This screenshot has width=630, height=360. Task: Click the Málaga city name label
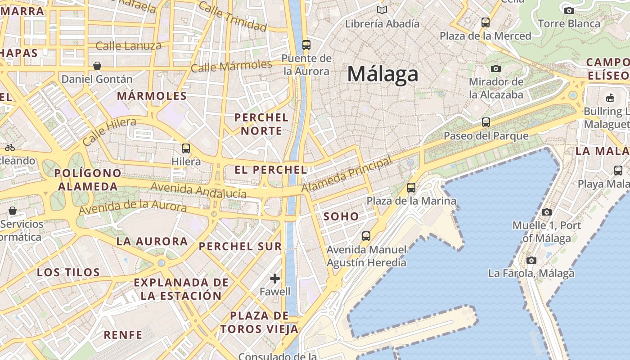[382, 74]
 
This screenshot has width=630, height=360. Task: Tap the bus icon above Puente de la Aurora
[306, 45]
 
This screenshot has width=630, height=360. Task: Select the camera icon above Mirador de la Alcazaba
[496, 68]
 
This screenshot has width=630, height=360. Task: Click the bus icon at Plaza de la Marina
[411, 188]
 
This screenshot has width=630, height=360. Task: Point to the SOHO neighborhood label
[341, 216]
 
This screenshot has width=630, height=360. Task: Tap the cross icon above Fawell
[275, 279]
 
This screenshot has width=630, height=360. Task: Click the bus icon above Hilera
[186, 148]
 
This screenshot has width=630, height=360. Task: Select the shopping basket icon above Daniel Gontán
[97, 66]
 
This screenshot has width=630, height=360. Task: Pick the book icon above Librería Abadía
[382, 10]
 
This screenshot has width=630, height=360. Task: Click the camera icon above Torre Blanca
[569, 10]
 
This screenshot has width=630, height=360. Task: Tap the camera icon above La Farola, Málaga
[531, 260]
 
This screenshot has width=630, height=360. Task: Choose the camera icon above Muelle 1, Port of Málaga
[547, 212]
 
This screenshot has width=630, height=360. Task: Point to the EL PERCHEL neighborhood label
[271, 170]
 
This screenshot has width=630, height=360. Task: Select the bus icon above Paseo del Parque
[486, 122]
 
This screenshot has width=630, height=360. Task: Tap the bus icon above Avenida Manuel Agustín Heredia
[366, 236]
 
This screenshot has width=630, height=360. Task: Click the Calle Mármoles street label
[231, 66]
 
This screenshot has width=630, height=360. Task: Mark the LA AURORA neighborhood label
[152, 241]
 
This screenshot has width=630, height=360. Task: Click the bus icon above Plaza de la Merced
[486, 22]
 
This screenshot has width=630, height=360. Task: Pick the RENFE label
[123, 335]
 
